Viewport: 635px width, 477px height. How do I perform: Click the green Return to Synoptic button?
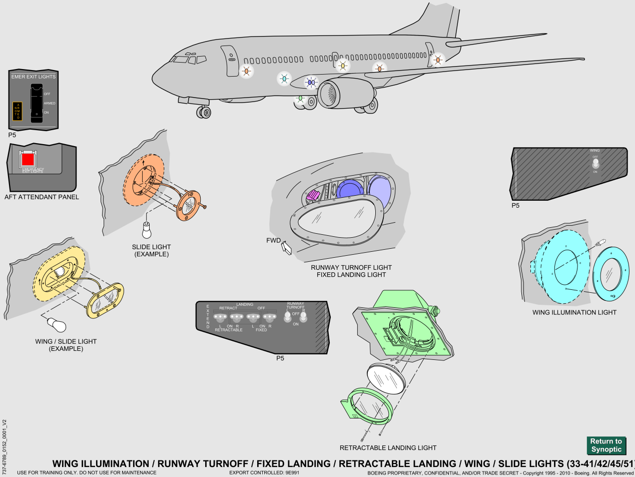pyautogui.click(x=606, y=445)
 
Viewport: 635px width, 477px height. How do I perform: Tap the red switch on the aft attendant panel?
pyautogui.click(x=28, y=159)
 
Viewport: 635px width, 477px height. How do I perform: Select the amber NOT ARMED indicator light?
pyautogui.click(x=18, y=111)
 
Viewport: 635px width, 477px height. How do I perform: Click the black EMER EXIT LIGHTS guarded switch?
pyautogui.click(x=37, y=103)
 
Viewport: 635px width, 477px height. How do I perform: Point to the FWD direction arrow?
pyautogui.click(x=287, y=247)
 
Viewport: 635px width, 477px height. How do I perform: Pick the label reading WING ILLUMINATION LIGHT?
pyautogui.click(x=574, y=312)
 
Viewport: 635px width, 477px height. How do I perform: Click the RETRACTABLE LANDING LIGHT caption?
pyautogui.click(x=388, y=448)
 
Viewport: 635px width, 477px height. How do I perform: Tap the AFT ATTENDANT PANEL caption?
pyautogui.click(x=42, y=197)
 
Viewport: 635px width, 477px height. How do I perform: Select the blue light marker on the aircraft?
pyautogui.click(x=311, y=82)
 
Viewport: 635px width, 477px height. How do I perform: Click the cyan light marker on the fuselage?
pyautogui.click(x=284, y=79)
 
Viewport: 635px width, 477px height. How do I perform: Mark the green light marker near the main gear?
pyautogui.click(x=300, y=99)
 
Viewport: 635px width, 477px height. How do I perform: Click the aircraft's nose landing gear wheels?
pyautogui.click(x=204, y=112)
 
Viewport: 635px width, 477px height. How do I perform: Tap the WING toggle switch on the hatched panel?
pyautogui.click(x=595, y=163)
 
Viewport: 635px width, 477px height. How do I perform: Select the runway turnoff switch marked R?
pyautogui.click(x=303, y=317)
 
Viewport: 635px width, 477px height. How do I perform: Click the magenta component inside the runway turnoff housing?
pyautogui.click(x=313, y=195)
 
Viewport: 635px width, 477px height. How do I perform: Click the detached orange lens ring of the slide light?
pyautogui.click(x=189, y=205)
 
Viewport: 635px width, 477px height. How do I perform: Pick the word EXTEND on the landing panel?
pyautogui.click(x=208, y=316)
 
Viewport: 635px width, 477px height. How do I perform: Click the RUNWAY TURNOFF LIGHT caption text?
pyautogui.click(x=351, y=267)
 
